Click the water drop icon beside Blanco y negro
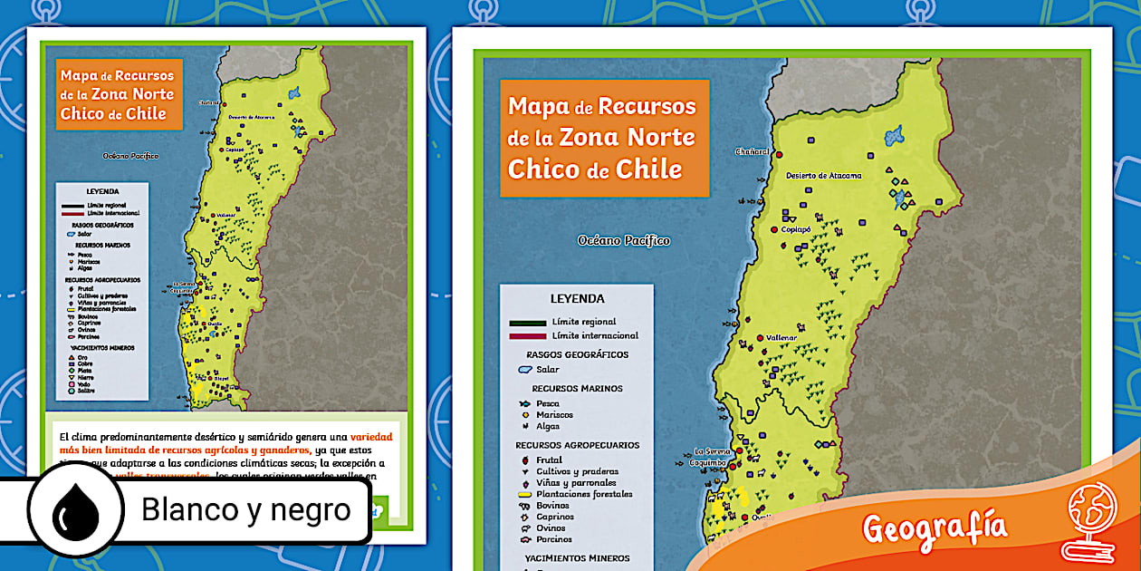[x=75, y=511]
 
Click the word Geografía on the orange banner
[x=935, y=526]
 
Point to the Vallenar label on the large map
[x=781, y=337]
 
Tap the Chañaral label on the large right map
[x=752, y=151]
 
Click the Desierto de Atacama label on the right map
[x=823, y=175]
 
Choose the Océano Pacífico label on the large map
[x=624, y=240]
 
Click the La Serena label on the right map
[x=713, y=450]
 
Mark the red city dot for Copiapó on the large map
[x=774, y=230]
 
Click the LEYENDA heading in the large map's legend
[x=577, y=298]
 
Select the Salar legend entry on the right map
[x=547, y=370]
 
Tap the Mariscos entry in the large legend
[x=554, y=415]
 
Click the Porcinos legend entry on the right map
[x=554, y=539]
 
